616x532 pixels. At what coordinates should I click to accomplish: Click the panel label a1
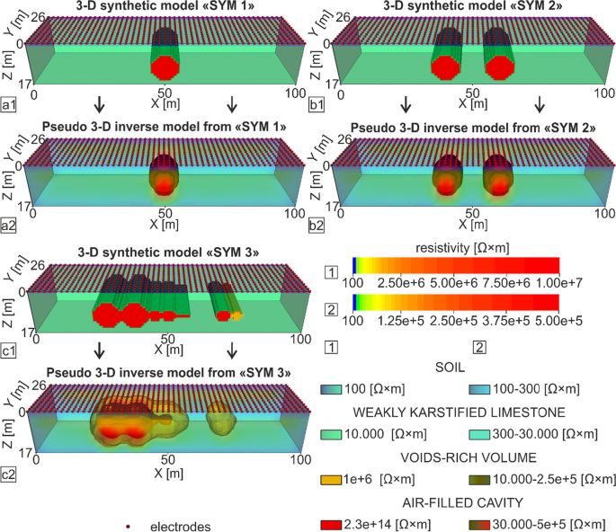click(10, 106)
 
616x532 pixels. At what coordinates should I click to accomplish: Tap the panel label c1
click(10, 349)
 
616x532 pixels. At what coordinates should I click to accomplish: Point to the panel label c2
click(10, 474)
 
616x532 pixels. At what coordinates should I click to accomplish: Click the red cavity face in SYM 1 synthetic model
click(164, 67)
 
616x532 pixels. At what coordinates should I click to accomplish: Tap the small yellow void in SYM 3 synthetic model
click(237, 316)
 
